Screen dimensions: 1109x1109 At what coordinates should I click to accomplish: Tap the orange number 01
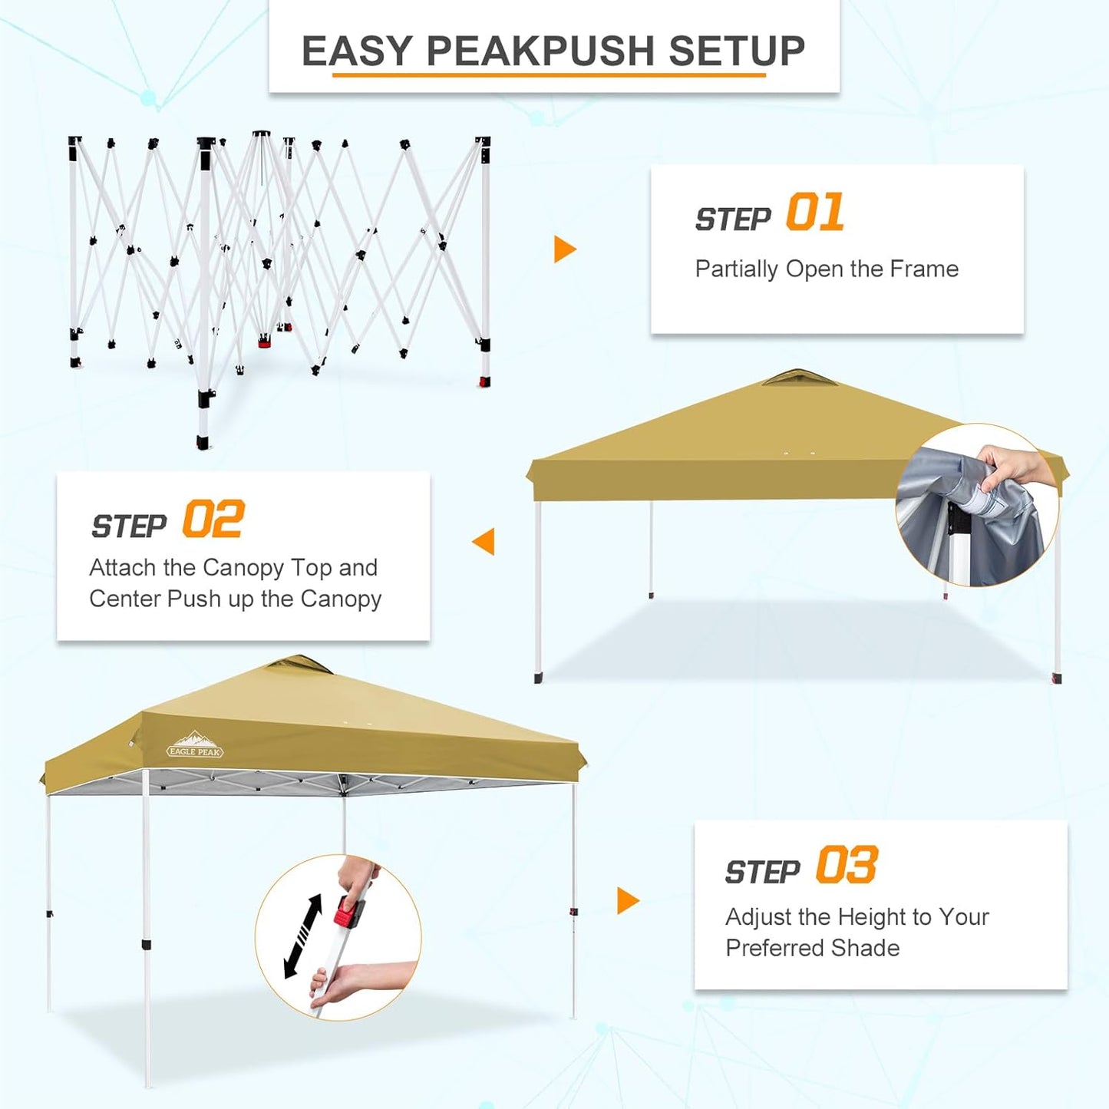click(x=815, y=213)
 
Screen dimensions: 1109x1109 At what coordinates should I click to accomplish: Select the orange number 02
click(x=213, y=520)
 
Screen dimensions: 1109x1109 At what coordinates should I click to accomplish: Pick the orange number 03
click(x=847, y=866)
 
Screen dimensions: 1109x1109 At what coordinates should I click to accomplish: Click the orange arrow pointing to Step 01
click(x=564, y=249)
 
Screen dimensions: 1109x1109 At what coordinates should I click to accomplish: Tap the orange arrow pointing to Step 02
click(x=484, y=541)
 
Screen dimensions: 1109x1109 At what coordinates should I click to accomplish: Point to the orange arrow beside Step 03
click(x=627, y=900)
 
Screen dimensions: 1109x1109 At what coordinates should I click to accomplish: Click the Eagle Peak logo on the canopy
click(x=195, y=745)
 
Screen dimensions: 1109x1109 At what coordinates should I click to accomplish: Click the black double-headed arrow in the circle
click(x=302, y=936)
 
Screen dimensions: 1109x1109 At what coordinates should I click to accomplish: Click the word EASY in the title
click(x=357, y=51)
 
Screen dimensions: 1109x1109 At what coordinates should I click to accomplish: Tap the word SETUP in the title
click(x=736, y=51)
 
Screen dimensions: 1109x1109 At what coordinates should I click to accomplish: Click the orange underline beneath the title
click(x=549, y=75)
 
